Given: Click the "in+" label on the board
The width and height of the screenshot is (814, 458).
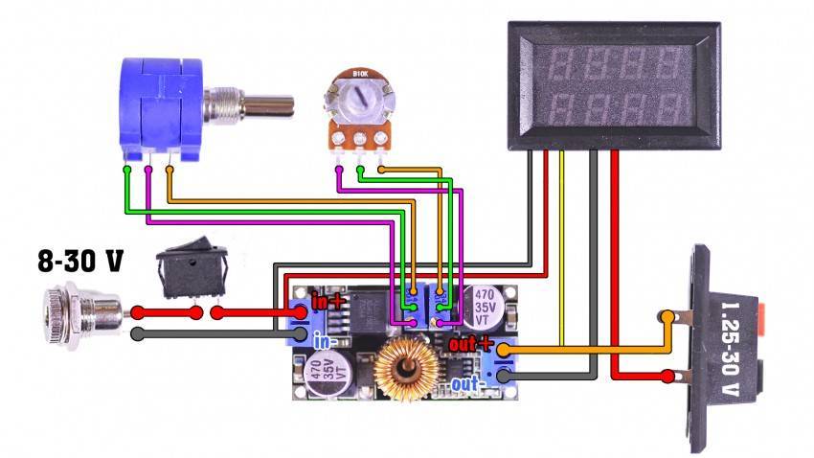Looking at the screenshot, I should click(328, 302).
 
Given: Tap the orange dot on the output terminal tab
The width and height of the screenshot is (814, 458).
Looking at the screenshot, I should click(666, 315).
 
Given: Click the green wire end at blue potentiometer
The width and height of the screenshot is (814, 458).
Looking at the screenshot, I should click(127, 172).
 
